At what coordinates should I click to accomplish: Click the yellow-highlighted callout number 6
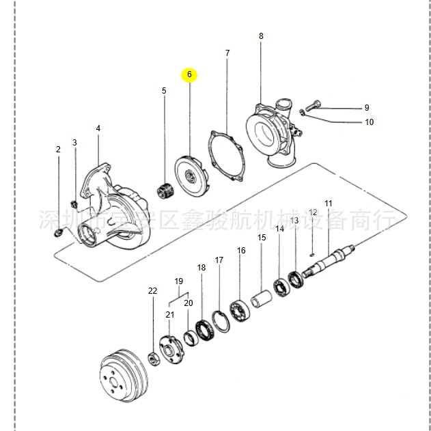[x=189, y=74]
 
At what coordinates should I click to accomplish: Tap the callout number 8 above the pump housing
[x=260, y=36]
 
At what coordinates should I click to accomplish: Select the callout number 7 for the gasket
[x=227, y=53]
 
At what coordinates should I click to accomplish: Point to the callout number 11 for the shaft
[x=328, y=204]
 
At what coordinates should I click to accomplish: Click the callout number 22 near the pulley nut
[x=152, y=291]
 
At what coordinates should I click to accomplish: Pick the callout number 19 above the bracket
[x=179, y=281]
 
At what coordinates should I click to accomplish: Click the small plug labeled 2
[x=59, y=234]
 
